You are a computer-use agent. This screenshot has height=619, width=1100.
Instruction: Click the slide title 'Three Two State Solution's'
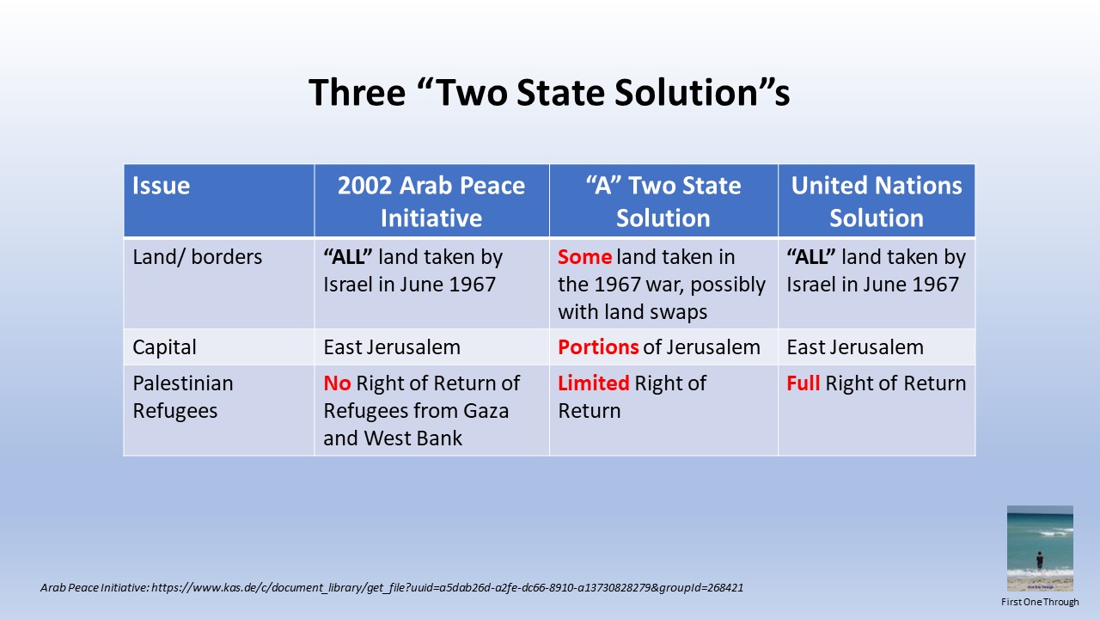(549, 92)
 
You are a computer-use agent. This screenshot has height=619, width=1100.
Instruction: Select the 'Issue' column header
(161, 186)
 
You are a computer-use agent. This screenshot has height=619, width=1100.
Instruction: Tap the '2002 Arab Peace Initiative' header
(431, 201)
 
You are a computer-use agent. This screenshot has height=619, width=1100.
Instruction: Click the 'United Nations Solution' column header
(877, 201)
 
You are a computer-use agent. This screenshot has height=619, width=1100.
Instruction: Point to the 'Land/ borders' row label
(198, 257)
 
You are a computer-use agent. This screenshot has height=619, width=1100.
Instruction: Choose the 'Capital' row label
(164, 347)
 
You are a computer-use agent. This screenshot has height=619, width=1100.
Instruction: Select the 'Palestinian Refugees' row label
(183, 397)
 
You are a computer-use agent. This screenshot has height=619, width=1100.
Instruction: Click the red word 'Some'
(585, 257)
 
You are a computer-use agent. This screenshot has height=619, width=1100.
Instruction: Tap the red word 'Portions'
(598, 347)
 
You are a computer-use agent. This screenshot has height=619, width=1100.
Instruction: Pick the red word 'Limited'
(593, 383)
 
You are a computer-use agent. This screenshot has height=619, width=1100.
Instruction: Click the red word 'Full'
(803, 383)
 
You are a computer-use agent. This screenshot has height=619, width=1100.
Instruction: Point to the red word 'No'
(337, 383)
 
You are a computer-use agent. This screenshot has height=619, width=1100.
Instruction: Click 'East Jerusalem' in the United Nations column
(855, 347)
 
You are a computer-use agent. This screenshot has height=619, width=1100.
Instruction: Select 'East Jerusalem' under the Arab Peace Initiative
(392, 347)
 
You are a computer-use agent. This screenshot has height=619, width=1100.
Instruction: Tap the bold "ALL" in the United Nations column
(811, 257)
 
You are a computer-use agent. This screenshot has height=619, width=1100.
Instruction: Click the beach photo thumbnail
(1040, 549)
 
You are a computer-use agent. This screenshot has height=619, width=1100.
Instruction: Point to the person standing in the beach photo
(1040, 561)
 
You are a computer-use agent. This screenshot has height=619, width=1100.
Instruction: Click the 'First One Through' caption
(1040, 602)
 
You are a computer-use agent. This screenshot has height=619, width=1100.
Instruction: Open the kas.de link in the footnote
(448, 587)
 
